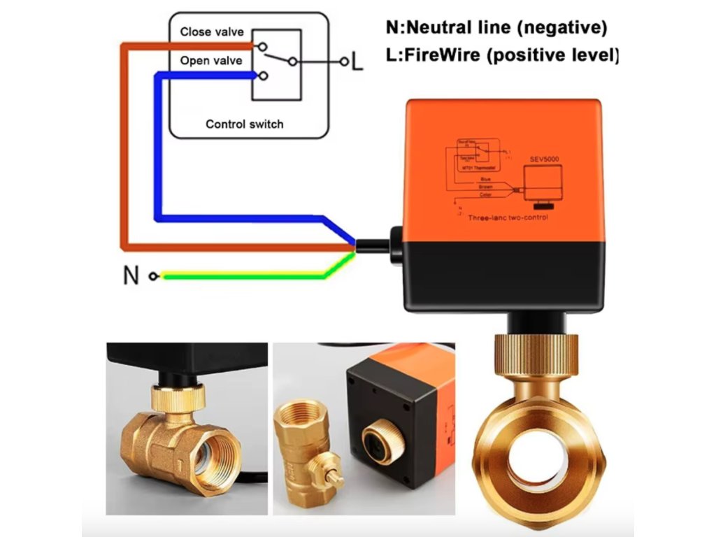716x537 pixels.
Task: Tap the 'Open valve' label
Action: click(x=211, y=61)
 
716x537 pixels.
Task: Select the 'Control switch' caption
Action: click(x=245, y=124)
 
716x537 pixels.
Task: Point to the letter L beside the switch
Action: click(x=357, y=62)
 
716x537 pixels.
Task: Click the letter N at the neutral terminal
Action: click(x=131, y=275)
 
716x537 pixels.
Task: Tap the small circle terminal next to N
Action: click(x=154, y=276)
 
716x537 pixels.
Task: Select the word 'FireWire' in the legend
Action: click(x=439, y=55)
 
